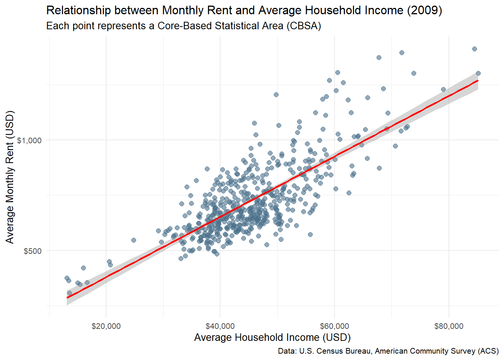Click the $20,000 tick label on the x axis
click(x=106, y=326)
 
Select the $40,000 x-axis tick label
click(x=220, y=326)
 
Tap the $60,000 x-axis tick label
click(x=334, y=326)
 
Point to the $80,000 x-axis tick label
click(x=449, y=326)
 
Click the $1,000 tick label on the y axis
click(x=29, y=140)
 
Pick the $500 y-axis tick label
click(x=33, y=251)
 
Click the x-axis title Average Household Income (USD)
click(x=272, y=337)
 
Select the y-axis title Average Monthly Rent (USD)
click(x=10, y=177)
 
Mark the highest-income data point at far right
click(x=478, y=73)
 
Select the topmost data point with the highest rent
click(x=474, y=49)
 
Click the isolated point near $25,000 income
click(x=133, y=240)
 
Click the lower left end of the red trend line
click(x=67, y=298)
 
